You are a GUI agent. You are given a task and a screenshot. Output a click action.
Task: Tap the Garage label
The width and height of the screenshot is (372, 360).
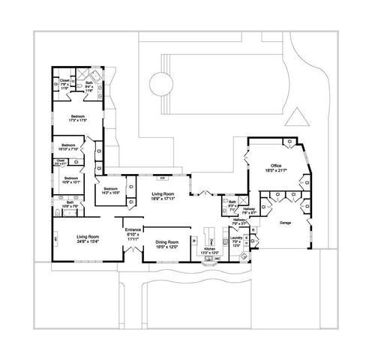tap(286, 223)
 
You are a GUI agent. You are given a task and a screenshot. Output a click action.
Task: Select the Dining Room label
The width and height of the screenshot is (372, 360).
tap(166, 244)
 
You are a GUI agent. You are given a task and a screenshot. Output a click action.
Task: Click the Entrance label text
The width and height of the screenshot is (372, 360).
tap(133, 232)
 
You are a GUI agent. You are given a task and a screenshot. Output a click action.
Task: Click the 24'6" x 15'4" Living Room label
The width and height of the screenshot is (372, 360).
tap(88, 238)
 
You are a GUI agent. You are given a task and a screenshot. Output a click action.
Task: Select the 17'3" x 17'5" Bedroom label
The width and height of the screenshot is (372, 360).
tap(78, 118)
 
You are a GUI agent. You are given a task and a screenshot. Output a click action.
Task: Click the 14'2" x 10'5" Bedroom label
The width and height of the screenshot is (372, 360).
tap(110, 190)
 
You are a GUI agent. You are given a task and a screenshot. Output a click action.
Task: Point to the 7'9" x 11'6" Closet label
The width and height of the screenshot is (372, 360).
tap(64, 82)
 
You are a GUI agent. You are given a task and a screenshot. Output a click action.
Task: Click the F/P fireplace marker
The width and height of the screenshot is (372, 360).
tap(162, 178)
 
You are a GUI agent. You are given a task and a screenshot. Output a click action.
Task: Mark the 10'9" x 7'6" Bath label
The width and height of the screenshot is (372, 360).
tap(70, 205)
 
